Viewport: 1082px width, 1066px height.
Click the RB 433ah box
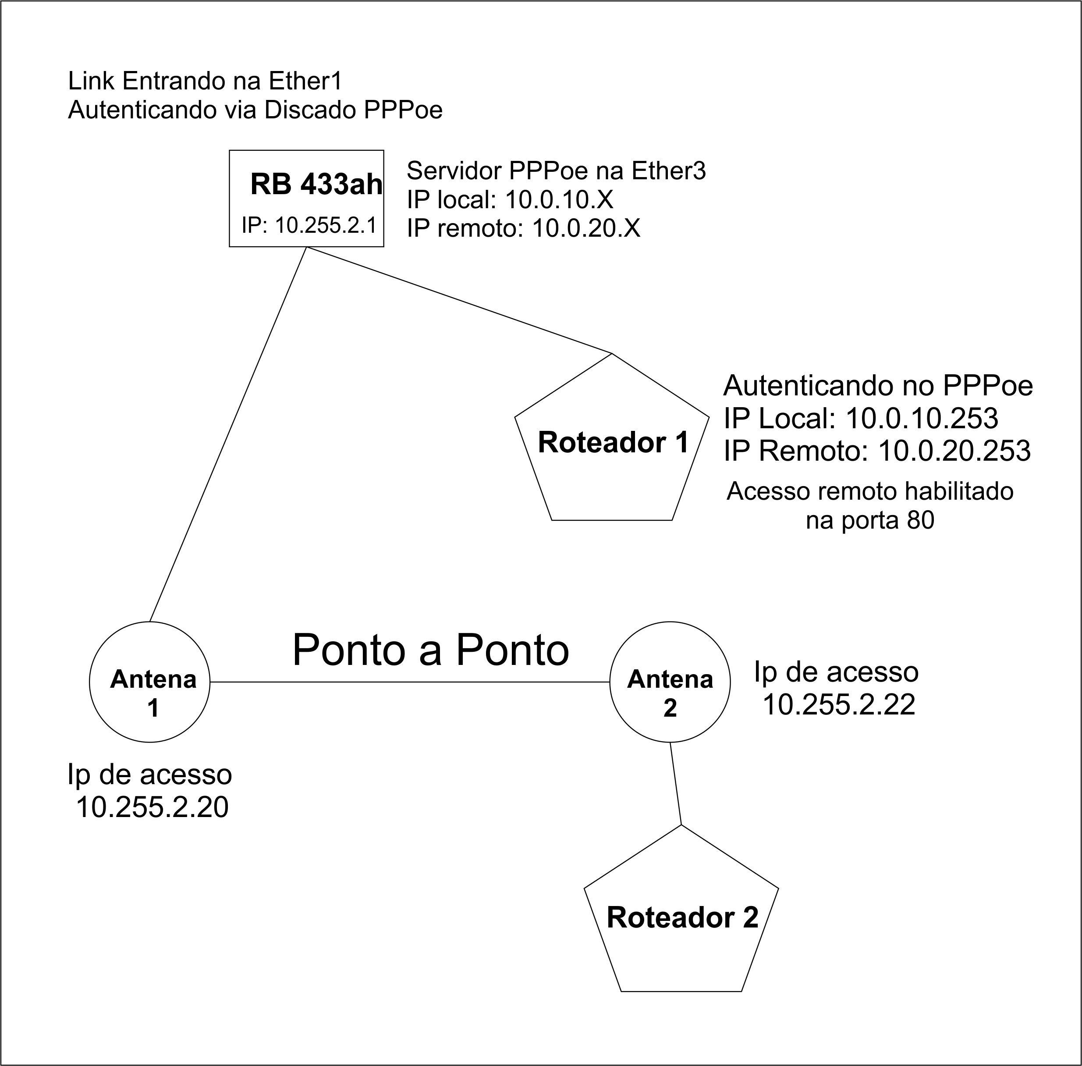(306, 198)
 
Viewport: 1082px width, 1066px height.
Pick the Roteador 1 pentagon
(612, 448)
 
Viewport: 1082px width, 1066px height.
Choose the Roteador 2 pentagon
(681, 918)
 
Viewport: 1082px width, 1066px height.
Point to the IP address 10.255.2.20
(152, 807)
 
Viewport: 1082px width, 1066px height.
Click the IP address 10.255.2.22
(838, 704)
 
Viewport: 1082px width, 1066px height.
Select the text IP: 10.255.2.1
(309, 225)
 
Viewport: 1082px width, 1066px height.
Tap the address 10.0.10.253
(921, 418)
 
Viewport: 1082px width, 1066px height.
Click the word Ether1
(305, 81)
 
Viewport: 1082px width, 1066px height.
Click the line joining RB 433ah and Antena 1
(228, 434)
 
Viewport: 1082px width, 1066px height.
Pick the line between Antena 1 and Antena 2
(410, 682)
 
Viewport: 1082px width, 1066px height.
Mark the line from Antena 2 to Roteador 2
(676, 783)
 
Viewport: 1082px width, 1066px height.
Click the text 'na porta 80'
(870, 521)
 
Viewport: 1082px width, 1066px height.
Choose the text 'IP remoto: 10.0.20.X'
(523, 228)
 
